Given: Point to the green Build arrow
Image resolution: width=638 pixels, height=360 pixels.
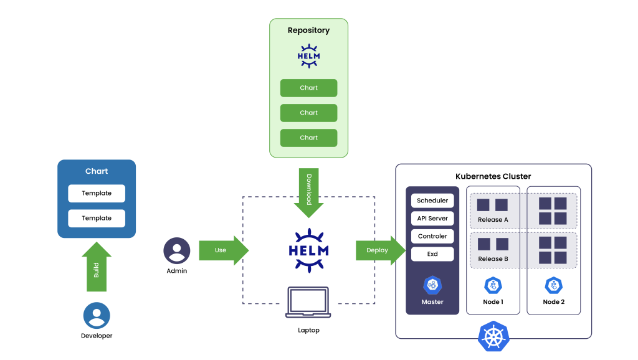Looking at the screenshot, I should [x=97, y=269].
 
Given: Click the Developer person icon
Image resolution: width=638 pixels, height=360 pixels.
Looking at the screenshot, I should [x=97, y=315].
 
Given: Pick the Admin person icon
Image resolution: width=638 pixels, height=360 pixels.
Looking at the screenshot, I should [x=176, y=250].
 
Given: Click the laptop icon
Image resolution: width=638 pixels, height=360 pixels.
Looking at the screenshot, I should [x=308, y=303].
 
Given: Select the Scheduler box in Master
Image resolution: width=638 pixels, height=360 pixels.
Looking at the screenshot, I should [x=432, y=201].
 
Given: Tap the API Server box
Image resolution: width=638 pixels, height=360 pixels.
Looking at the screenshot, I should [x=432, y=219].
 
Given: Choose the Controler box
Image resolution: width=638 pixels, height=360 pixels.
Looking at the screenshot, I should [x=432, y=237].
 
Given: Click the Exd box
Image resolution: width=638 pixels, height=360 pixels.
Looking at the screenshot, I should [x=432, y=254].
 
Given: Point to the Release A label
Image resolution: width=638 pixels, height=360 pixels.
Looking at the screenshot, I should [x=493, y=220].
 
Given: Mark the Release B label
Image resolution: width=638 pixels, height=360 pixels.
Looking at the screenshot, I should [x=493, y=259].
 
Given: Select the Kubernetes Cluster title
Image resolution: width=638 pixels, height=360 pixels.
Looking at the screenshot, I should [x=493, y=176].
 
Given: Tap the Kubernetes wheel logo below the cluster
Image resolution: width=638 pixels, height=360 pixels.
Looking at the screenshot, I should [x=493, y=337].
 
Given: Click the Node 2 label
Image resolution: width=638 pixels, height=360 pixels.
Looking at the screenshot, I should [x=553, y=302].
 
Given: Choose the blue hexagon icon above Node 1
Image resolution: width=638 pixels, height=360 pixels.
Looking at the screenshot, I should [x=493, y=285].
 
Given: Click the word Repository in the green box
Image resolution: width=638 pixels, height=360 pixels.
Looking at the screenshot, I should [x=308, y=30].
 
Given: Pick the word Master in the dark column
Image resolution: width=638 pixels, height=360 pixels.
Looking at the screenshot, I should [x=432, y=302].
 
